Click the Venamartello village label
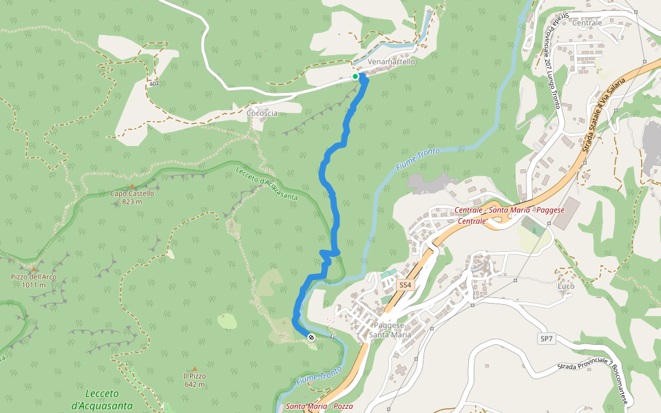392,62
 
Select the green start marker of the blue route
355,76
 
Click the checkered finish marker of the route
311,337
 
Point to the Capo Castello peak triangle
132,186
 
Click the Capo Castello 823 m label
132,198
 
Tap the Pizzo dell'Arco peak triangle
33,269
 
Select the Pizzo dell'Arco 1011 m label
33,281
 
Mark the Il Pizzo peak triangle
194,369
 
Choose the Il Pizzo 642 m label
194,380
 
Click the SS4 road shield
405,284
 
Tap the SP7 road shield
546,339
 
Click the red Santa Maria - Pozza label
319,406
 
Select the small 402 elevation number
153,83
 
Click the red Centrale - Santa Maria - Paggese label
509,210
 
